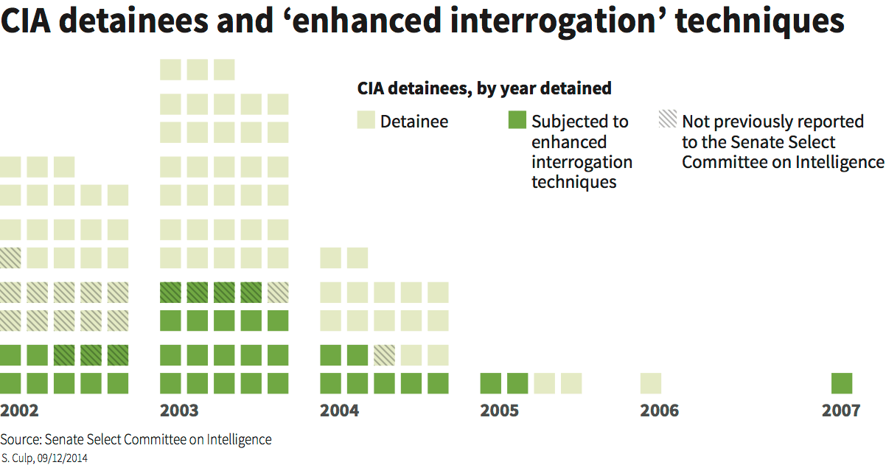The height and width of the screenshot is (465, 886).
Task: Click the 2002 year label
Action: (20, 410)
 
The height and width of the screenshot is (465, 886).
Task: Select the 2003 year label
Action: (179, 410)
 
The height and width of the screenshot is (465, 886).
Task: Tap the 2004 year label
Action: (340, 410)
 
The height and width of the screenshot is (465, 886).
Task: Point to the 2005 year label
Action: (500, 410)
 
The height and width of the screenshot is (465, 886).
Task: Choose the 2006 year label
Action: (660, 410)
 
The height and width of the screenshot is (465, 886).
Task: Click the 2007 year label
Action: (841, 410)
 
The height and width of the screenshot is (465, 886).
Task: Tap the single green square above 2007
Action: (842, 383)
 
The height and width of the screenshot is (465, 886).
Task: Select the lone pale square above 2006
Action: (651, 383)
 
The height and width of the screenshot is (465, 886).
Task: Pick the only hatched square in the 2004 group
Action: (384, 355)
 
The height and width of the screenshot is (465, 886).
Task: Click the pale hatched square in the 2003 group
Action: (278, 293)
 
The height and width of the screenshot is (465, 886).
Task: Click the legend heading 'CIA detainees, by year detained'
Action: (484, 88)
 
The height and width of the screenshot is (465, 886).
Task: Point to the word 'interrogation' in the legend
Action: (582, 161)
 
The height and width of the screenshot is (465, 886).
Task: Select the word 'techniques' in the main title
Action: (760, 22)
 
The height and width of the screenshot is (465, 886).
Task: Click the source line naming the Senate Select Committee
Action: (136, 440)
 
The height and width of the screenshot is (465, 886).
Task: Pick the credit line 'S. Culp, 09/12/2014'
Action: (46, 457)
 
